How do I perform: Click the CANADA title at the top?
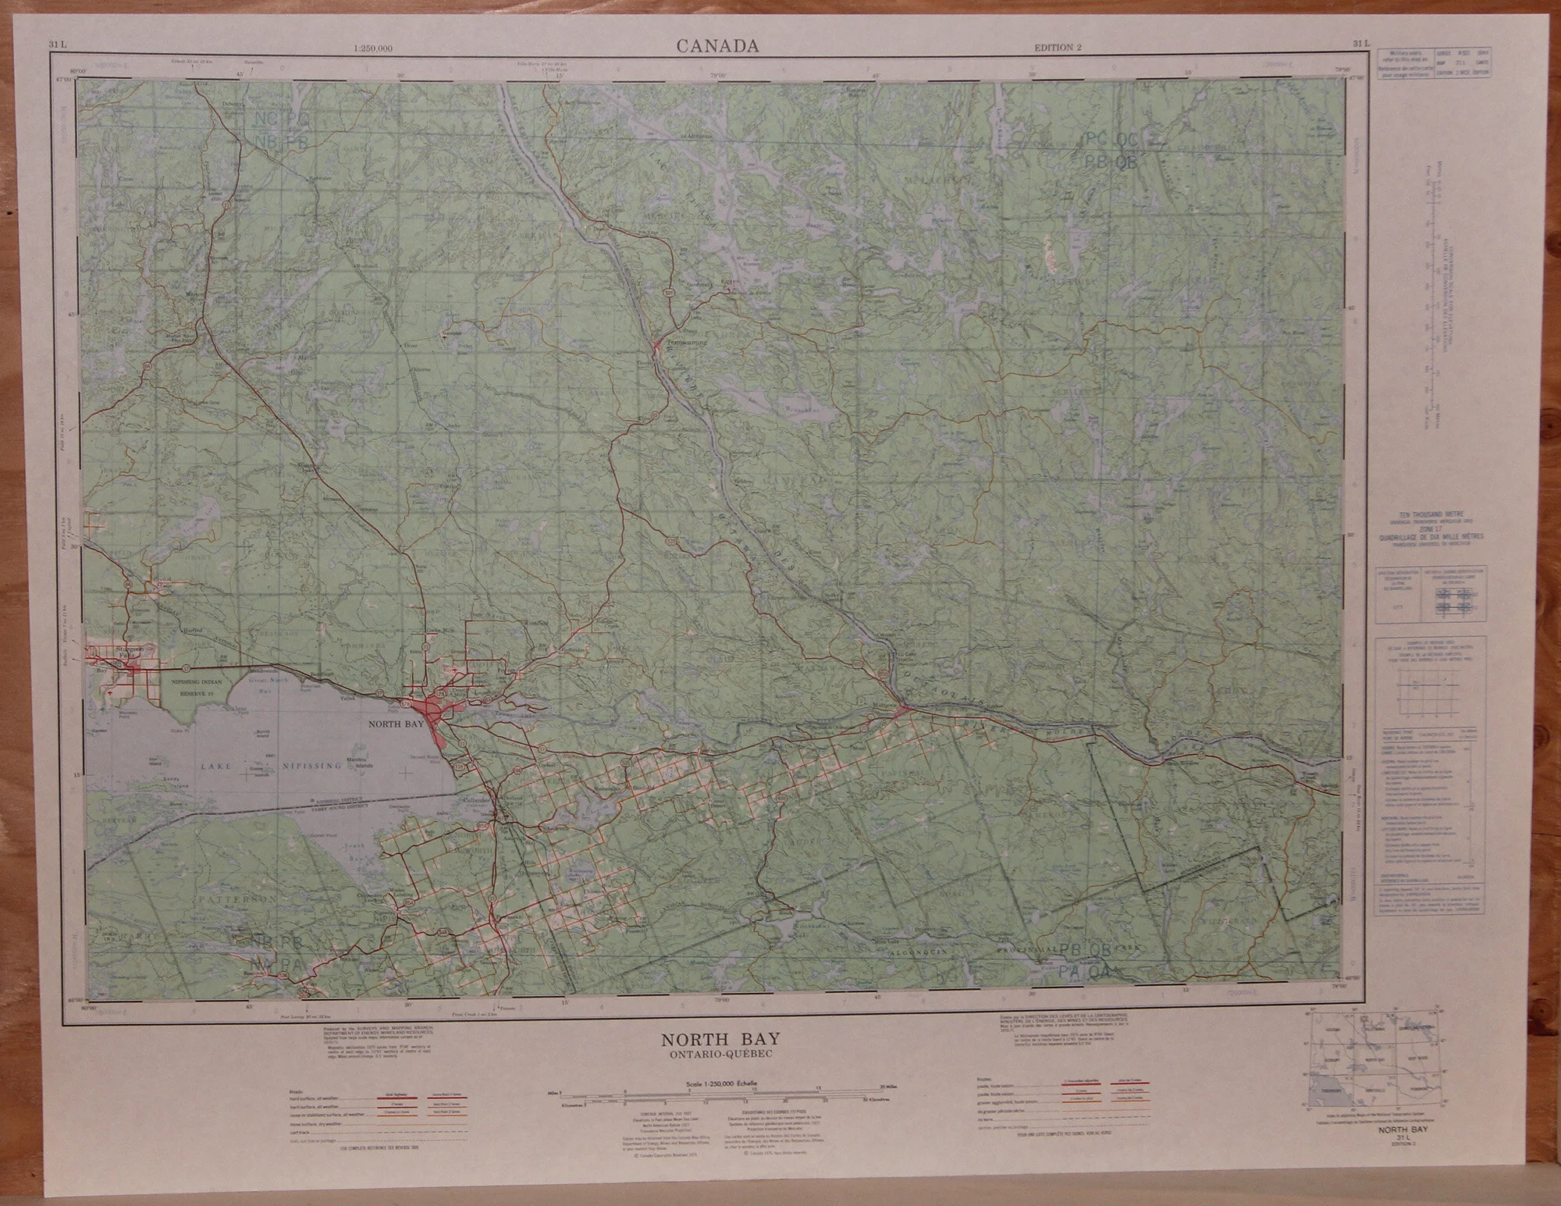click(717, 46)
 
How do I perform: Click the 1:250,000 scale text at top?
click(372, 48)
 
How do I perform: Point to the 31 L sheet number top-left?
click(58, 44)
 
